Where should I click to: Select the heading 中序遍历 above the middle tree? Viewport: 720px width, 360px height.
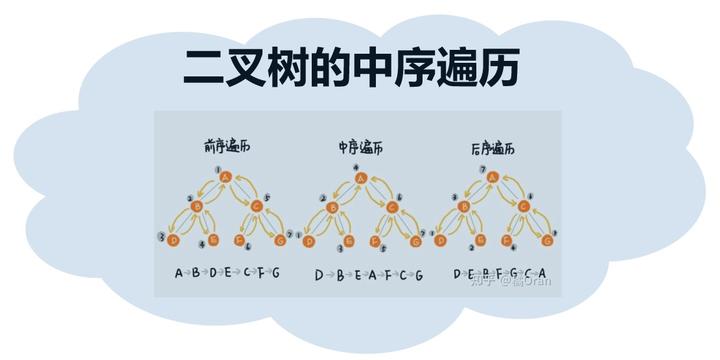click(x=360, y=148)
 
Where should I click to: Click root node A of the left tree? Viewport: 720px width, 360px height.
click(x=225, y=179)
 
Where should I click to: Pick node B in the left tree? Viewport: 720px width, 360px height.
click(x=197, y=207)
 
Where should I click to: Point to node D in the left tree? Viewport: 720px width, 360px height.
click(x=174, y=240)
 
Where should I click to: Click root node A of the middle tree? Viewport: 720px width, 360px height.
click(x=360, y=179)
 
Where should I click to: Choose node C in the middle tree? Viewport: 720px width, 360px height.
click(x=391, y=207)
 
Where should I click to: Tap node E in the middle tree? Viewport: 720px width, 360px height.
click(x=344, y=240)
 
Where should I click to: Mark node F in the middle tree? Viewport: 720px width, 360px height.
click(x=375, y=240)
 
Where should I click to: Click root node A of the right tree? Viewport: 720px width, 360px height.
click(x=494, y=179)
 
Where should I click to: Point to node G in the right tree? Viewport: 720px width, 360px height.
click(x=547, y=240)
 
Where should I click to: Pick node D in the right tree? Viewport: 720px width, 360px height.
click(x=443, y=240)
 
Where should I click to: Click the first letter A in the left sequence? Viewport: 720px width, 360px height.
click(x=179, y=273)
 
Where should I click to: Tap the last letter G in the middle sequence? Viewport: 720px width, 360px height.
click(x=418, y=274)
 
